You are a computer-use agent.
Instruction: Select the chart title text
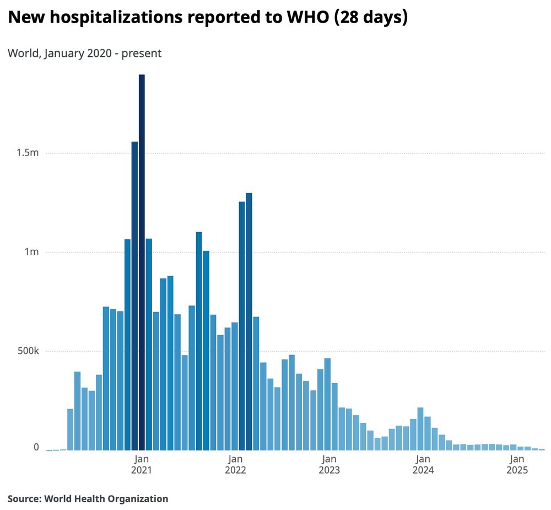207,18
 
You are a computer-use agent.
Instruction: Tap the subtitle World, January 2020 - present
84,53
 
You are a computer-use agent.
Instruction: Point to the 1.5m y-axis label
27,153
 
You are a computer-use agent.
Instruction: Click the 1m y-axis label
31,252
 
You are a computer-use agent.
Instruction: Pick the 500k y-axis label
26,351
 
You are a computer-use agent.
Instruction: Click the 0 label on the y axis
36,447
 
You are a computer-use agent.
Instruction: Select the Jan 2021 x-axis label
141,464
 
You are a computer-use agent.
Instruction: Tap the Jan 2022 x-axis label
235,464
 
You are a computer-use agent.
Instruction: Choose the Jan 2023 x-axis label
329,464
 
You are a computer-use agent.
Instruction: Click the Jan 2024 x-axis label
423,464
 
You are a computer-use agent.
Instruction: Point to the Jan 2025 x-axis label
517,464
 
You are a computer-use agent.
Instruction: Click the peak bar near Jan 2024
420,429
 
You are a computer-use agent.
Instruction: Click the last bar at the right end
542,449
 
